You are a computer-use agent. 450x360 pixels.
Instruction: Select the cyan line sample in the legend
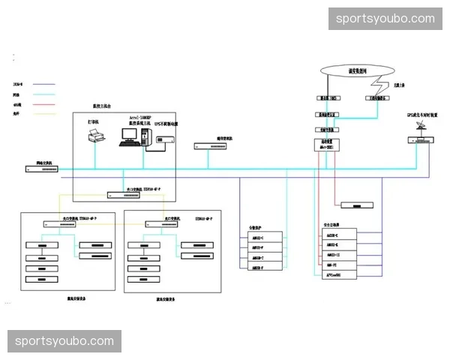point(49,95)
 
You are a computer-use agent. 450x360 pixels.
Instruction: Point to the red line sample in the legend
point(49,105)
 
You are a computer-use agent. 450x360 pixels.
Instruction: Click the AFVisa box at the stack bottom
point(333,275)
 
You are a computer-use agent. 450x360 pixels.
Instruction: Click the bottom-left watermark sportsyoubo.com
point(64,341)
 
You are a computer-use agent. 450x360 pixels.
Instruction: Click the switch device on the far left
point(42,169)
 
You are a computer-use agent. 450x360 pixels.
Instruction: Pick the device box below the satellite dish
point(417,140)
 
